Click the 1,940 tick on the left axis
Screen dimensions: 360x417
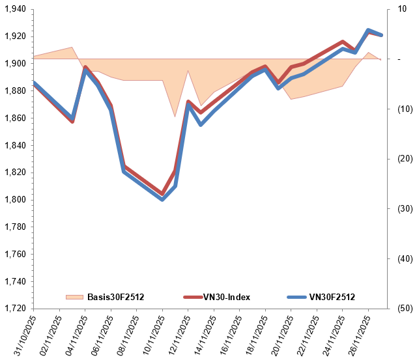(x=14, y=9)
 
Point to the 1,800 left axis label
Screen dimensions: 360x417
(x=14, y=199)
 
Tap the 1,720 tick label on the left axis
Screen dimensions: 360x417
(x=14, y=308)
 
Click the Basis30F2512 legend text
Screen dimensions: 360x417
(x=115, y=298)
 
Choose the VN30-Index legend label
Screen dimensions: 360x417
(x=226, y=298)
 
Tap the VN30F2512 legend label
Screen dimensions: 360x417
(x=332, y=298)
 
